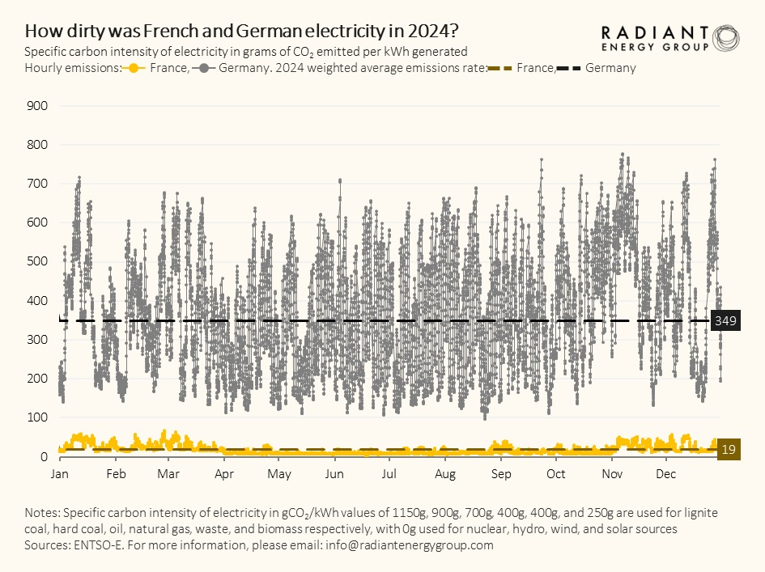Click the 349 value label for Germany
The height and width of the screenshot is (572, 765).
(x=725, y=321)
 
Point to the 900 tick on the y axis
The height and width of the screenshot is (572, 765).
(x=38, y=106)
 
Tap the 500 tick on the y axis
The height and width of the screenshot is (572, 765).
(x=38, y=261)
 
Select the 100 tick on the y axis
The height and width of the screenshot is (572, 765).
(x=38, y=417)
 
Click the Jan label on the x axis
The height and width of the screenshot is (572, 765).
(x=60, y=473)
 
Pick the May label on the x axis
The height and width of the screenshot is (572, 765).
(x=279, y=473)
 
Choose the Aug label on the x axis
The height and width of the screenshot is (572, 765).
(x=444, y=473)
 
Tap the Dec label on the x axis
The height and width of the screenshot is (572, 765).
(x=665, y=473)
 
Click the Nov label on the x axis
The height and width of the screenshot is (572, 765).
(x=611, y=473)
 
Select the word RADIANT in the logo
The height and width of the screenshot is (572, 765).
(x=654, y=32)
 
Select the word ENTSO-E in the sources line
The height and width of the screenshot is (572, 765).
(x=101, y=545)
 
